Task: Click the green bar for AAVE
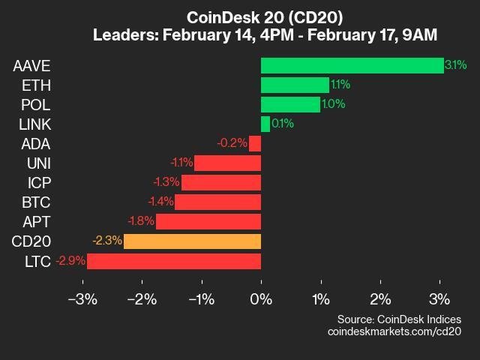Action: tap(352, 65)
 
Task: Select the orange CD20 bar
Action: tap(192, 241)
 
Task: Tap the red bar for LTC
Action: tap(174, 260)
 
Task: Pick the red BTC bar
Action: tap(217, 202)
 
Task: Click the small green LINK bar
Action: tap(265, 124)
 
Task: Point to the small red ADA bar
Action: tap(255, 143)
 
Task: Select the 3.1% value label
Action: tap(455, 65)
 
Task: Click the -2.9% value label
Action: tap(70, 260)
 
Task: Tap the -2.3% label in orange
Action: tap(106, 241)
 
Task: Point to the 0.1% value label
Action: tap(283, 124)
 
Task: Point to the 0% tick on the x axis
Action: tap(261, 299)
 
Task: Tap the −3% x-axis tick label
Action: tap(82, 299)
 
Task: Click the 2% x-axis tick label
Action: tap(380, 299)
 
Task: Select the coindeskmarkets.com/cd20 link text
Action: tap(394, 331)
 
